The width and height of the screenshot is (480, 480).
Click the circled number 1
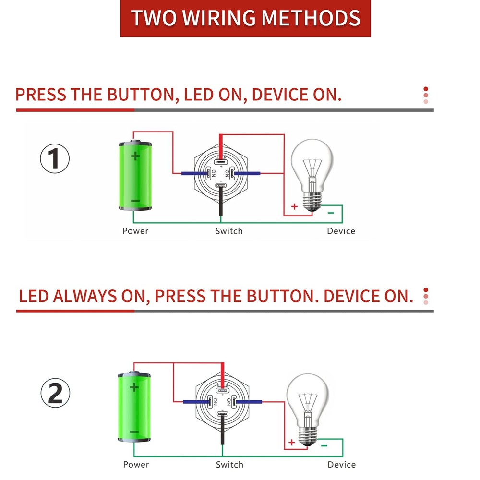click(55, 159)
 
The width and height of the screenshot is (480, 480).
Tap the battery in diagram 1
click(135, 176)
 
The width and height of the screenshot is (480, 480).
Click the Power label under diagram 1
click(135, 231)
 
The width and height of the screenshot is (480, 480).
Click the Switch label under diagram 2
click(229, 465)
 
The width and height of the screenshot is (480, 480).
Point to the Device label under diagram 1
click(341, 231)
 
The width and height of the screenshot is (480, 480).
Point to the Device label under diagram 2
click(342, 465)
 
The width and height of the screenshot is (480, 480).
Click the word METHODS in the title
click(312, 18)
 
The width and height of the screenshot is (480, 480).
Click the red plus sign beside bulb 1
click(294, 207)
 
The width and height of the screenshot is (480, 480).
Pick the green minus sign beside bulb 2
click(324, 446)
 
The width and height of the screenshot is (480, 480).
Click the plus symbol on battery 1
click(136, 156)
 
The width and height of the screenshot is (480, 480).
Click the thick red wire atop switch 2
click(222, 372)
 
